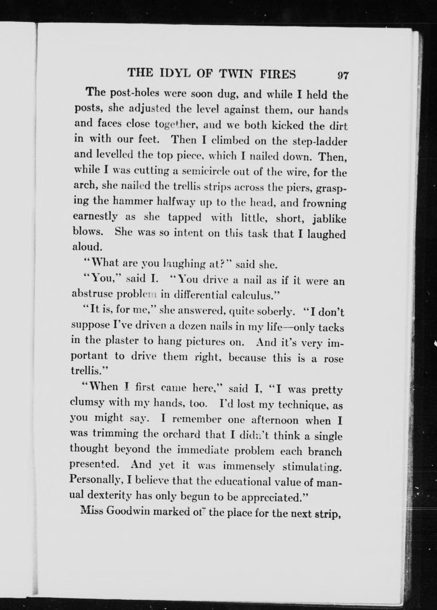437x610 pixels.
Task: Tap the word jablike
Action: [x=329, y=219]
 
